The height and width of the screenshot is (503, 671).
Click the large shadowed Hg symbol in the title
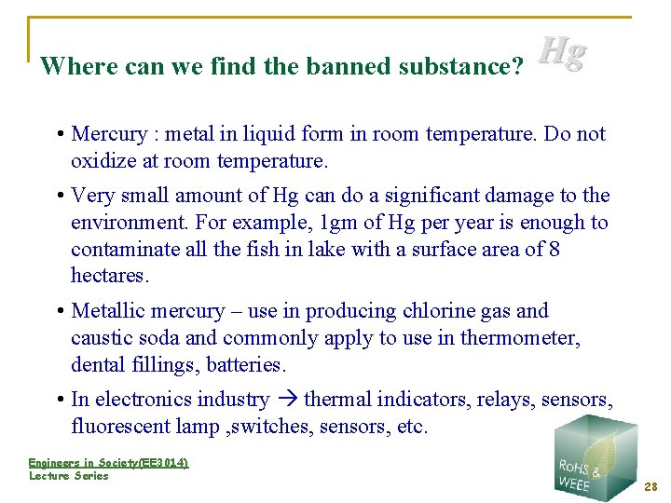click(x=564, y=53)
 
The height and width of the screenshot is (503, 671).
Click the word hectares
click(x=110, y=277)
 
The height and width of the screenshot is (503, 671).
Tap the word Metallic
click(x=110, y=311)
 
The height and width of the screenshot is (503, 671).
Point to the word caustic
click(x=102, y=338)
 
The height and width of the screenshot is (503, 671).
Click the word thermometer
click(x=522, y=338)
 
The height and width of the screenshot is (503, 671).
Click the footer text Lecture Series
click(x=69, y=476)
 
